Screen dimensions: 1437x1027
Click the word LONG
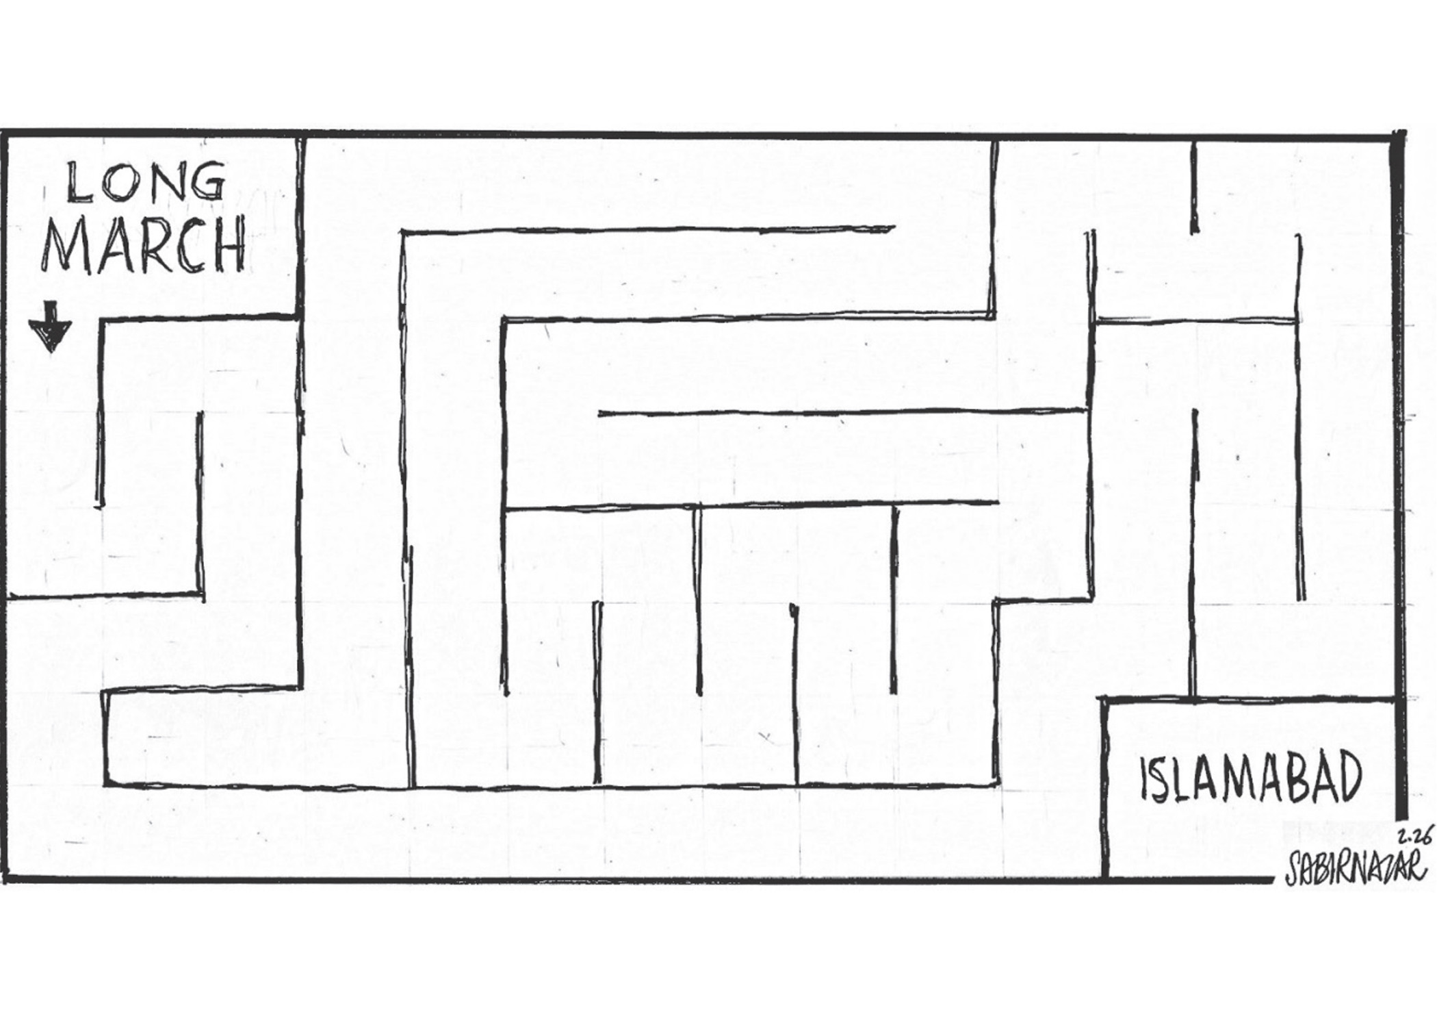point(146,183)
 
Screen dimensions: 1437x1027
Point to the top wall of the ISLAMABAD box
point(1248,699)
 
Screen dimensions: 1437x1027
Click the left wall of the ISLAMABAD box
point(1104,787)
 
